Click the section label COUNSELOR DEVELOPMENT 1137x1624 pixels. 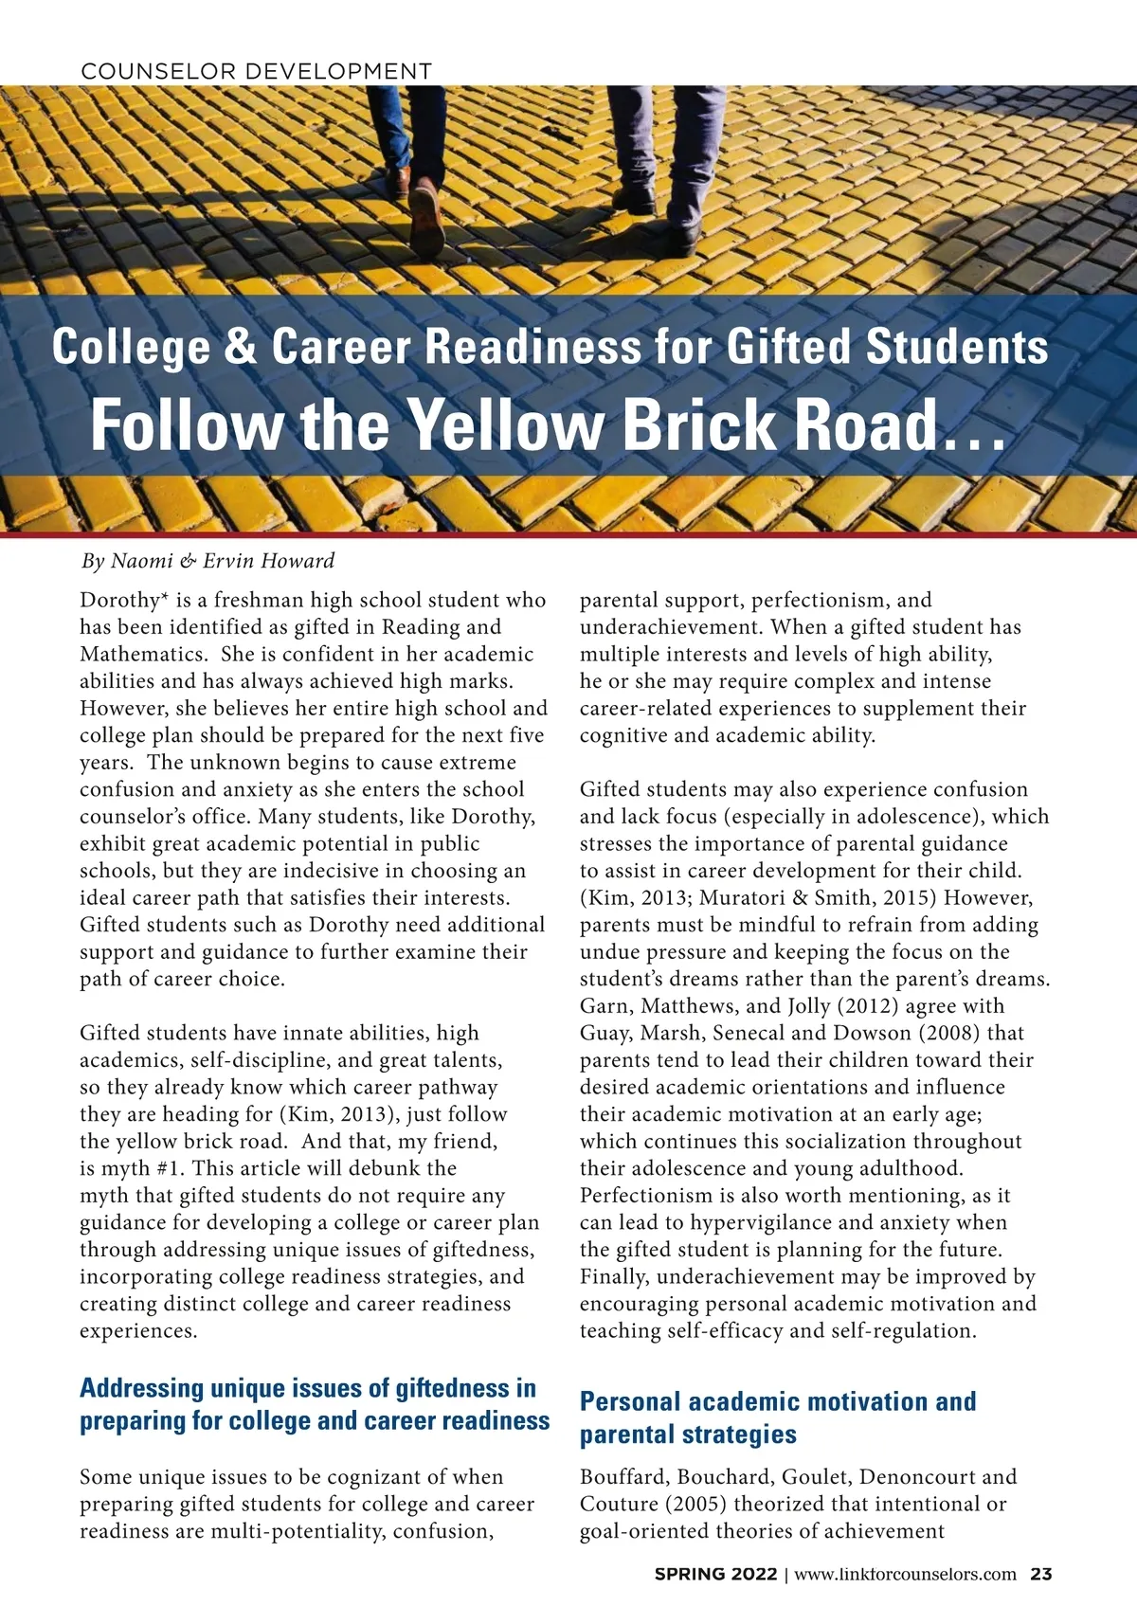click(256, 71)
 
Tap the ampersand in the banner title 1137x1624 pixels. click(241, 347)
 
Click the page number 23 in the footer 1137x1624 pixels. click(1041, 1575)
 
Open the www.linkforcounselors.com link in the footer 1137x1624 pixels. click(905, 1575)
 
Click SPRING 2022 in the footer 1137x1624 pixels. click(715, 1575)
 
